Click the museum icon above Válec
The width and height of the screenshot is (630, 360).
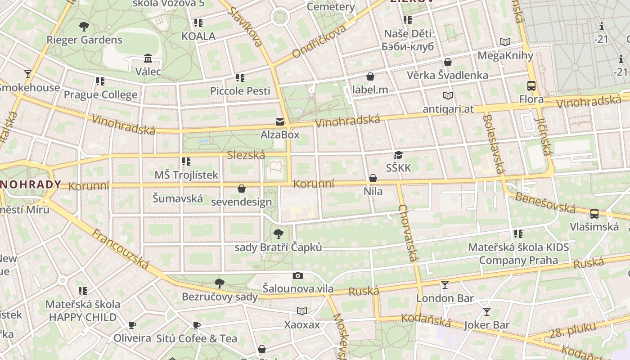click(148, 58)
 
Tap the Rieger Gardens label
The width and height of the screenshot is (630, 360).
click(84, 40)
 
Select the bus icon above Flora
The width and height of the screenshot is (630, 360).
click(531, 86)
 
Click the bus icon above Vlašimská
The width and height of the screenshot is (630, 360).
click(594, 214)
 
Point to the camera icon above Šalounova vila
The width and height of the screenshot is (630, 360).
click(297, 275)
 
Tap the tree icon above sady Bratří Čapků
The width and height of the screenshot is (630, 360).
click(279, 234)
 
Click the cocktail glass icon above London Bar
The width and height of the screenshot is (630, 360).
click(445, 284)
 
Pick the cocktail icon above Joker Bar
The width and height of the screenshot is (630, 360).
click(486, 311)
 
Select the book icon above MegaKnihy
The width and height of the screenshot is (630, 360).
click(505, 42)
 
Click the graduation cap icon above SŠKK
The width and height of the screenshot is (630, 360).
click(398, 155)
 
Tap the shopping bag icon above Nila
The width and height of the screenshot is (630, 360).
click(373, 179)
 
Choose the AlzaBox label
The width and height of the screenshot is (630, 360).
click(280, 135)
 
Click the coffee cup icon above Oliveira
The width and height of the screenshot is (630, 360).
click(132, 325)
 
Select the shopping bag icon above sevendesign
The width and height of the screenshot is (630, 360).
click(242, 189)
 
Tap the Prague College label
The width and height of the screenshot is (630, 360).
click(100, 94)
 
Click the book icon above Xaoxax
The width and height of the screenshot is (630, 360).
click(301, 311)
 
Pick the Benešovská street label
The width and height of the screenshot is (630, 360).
click(545, 202)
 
